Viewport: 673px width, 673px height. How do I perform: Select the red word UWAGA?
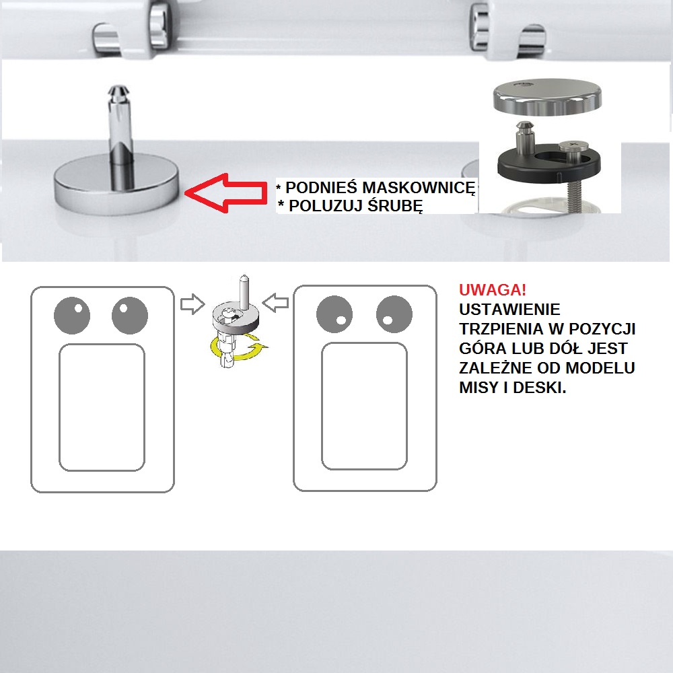(x=493, y=290)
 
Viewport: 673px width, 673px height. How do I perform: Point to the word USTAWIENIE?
(x=509, y=310)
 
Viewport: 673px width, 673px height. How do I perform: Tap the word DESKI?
(x=540, y=388)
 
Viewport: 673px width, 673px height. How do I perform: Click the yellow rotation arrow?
(x=238, y=348)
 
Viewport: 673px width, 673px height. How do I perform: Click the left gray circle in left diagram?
(x=72, y=316)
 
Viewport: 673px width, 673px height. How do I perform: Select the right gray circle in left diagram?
(x=130, y=316)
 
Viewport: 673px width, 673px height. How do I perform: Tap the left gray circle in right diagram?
(x=334, y=314)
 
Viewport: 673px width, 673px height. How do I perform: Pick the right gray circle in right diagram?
(x=394, y=314)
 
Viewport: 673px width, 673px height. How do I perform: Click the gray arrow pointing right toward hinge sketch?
(x=192, y=304)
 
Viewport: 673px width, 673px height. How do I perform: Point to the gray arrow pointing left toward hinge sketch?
(x=275, y=303)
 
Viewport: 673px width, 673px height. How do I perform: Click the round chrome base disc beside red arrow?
(x=116, y=184)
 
